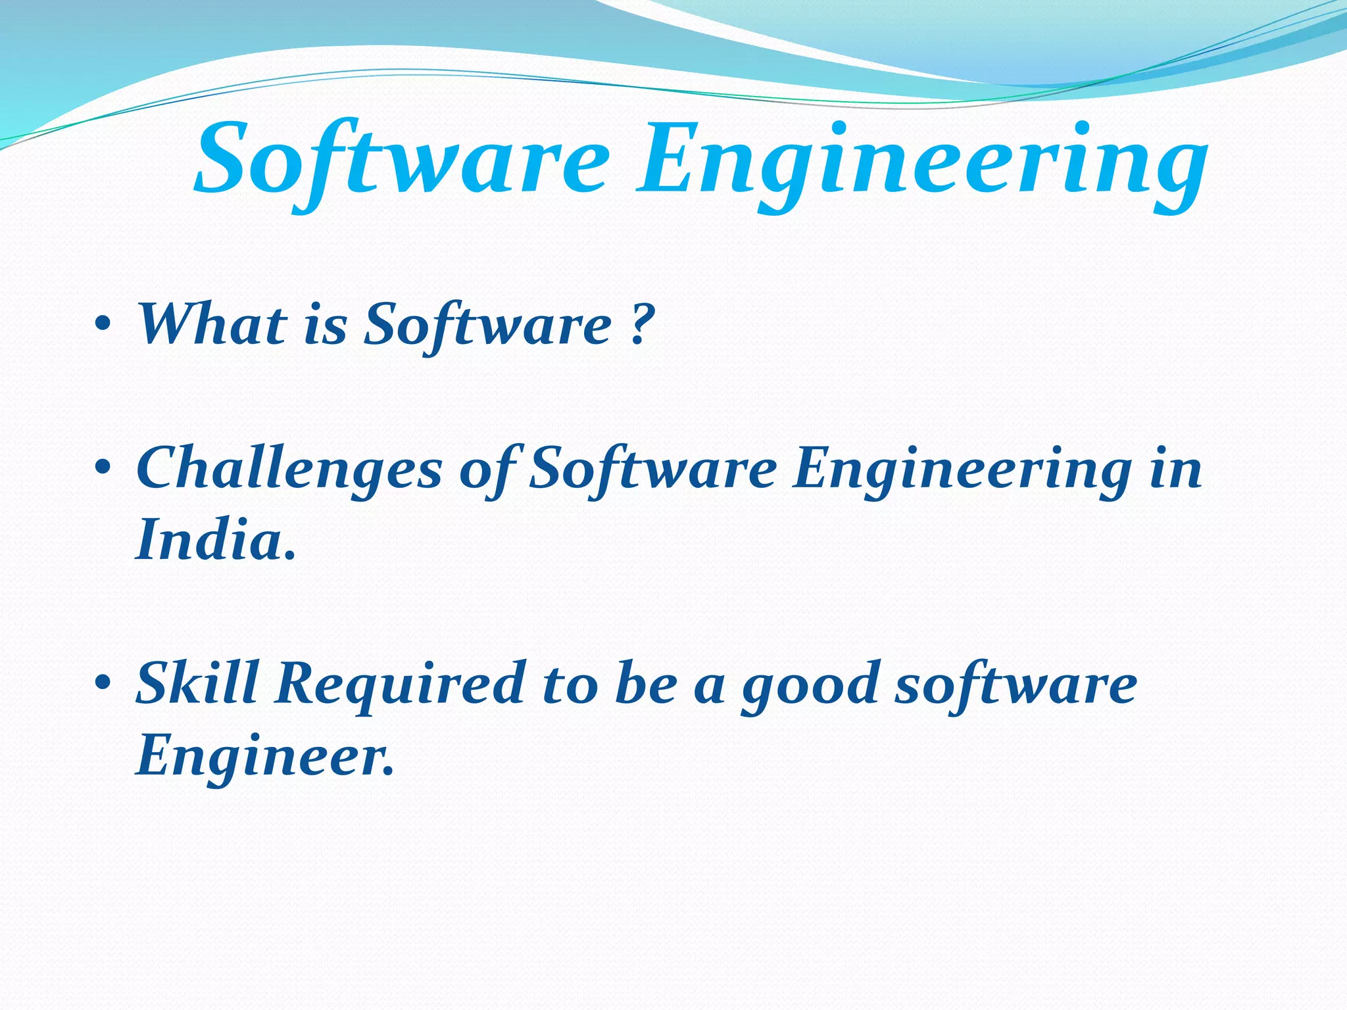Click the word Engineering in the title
tap(921, 164)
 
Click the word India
tap(214, 539)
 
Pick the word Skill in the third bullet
tap(197, 683)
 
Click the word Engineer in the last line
tap(263, 756)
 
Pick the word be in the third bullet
tap(645, 683)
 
